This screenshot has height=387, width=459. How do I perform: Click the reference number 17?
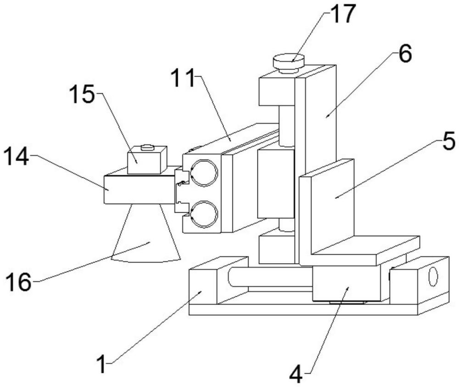(342, 15)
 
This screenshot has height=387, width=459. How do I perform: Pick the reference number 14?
(17, 157)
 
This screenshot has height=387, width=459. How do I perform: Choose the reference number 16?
(18, 281)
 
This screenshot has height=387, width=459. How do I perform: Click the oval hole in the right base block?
(433, 276)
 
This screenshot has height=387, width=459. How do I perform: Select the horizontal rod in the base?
(271, 277)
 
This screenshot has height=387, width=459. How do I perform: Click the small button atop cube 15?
(147, 147)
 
